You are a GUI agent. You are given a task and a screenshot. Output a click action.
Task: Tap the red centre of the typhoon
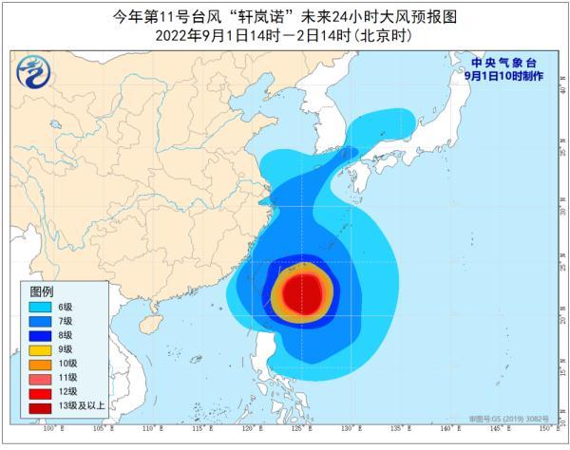click(x=304, y=292)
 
